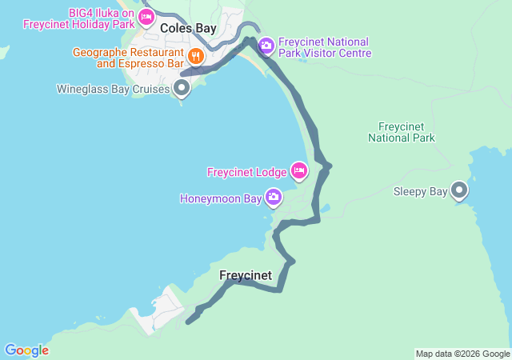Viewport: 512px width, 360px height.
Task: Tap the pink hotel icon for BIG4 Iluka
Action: point(146,17)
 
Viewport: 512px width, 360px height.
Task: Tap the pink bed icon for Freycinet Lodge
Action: point(299,170)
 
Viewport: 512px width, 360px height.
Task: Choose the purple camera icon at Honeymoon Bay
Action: point(274,196)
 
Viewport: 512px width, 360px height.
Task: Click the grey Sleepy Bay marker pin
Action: point(459,190)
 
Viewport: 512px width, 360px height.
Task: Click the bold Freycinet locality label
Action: point(246,275)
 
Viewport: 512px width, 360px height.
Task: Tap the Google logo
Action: point(26,350)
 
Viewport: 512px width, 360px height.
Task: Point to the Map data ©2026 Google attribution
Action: point(462,354)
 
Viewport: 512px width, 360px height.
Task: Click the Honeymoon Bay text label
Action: point(221,198)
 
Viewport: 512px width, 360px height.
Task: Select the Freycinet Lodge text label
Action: point(246,172)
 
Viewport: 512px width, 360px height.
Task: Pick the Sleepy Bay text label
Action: point(420,192)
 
